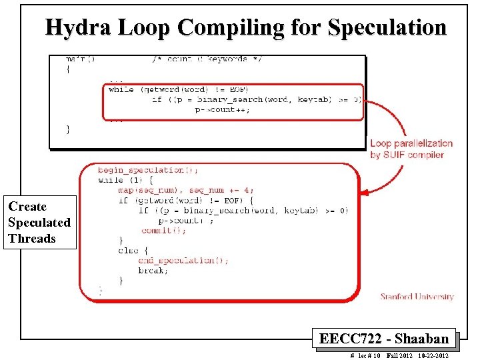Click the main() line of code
click(80, 59)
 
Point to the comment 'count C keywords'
click(213, 59)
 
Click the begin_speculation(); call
click(148, 170)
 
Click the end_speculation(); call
click(183, 261)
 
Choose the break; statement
click(153, 271)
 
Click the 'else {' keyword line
click(128, 251)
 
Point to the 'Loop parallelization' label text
click(411, 143)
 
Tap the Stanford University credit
click(417, 297)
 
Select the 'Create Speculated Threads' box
click(40, 223)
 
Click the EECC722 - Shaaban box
click(384, 339)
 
